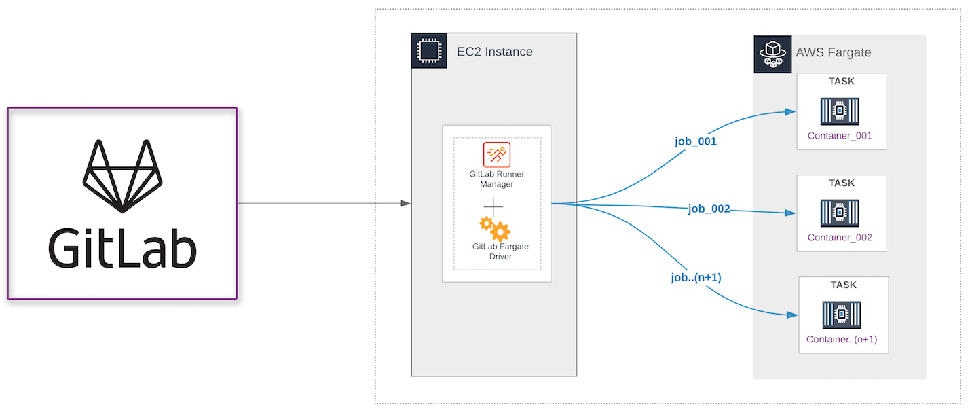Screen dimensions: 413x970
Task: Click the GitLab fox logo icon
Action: (x=122, y=176)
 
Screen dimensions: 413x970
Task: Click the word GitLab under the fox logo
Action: (x=122, y=248)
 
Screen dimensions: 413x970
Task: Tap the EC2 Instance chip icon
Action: (x=428, y=52)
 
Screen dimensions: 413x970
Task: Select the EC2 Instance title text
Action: (x=494, y=52)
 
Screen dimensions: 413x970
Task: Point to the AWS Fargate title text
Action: (x=833, y=53)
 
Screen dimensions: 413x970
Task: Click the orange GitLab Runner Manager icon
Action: (x=496, y=154)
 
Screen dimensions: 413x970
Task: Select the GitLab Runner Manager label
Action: (x=496, y=179)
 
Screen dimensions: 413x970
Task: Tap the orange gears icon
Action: (x=495, y=229)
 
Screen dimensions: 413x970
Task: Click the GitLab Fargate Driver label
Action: (x=500, y=251)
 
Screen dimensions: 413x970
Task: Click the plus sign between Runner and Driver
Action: (x=493, y=206)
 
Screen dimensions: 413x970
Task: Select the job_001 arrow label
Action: (x=695, y=142)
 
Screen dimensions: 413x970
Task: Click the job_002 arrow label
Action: (x=709, y=209)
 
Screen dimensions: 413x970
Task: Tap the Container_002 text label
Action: (x=840, y=238)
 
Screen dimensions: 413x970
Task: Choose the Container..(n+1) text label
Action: (x=842, y=340)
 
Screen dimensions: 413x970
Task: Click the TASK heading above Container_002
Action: (x=841, y=183)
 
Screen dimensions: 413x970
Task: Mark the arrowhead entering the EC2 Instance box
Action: (x=406, y=203)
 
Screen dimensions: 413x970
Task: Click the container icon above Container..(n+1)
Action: (x=841, y=315)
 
